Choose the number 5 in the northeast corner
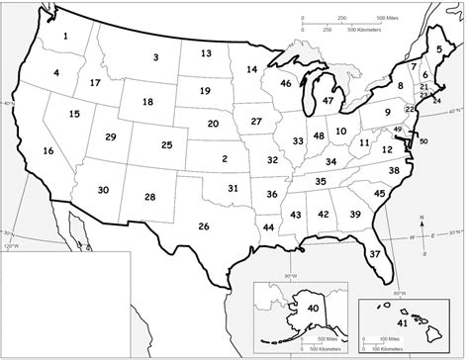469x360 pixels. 439,48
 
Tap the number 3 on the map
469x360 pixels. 155,58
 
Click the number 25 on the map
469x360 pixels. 166,145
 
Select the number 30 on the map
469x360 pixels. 103,190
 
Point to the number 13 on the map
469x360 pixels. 206,53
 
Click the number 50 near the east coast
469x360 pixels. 423,141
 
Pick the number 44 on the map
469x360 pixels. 268,227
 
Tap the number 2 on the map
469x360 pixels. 225,158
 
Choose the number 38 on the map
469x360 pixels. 393,171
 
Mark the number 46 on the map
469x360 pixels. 285,84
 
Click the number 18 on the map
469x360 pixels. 147,102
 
